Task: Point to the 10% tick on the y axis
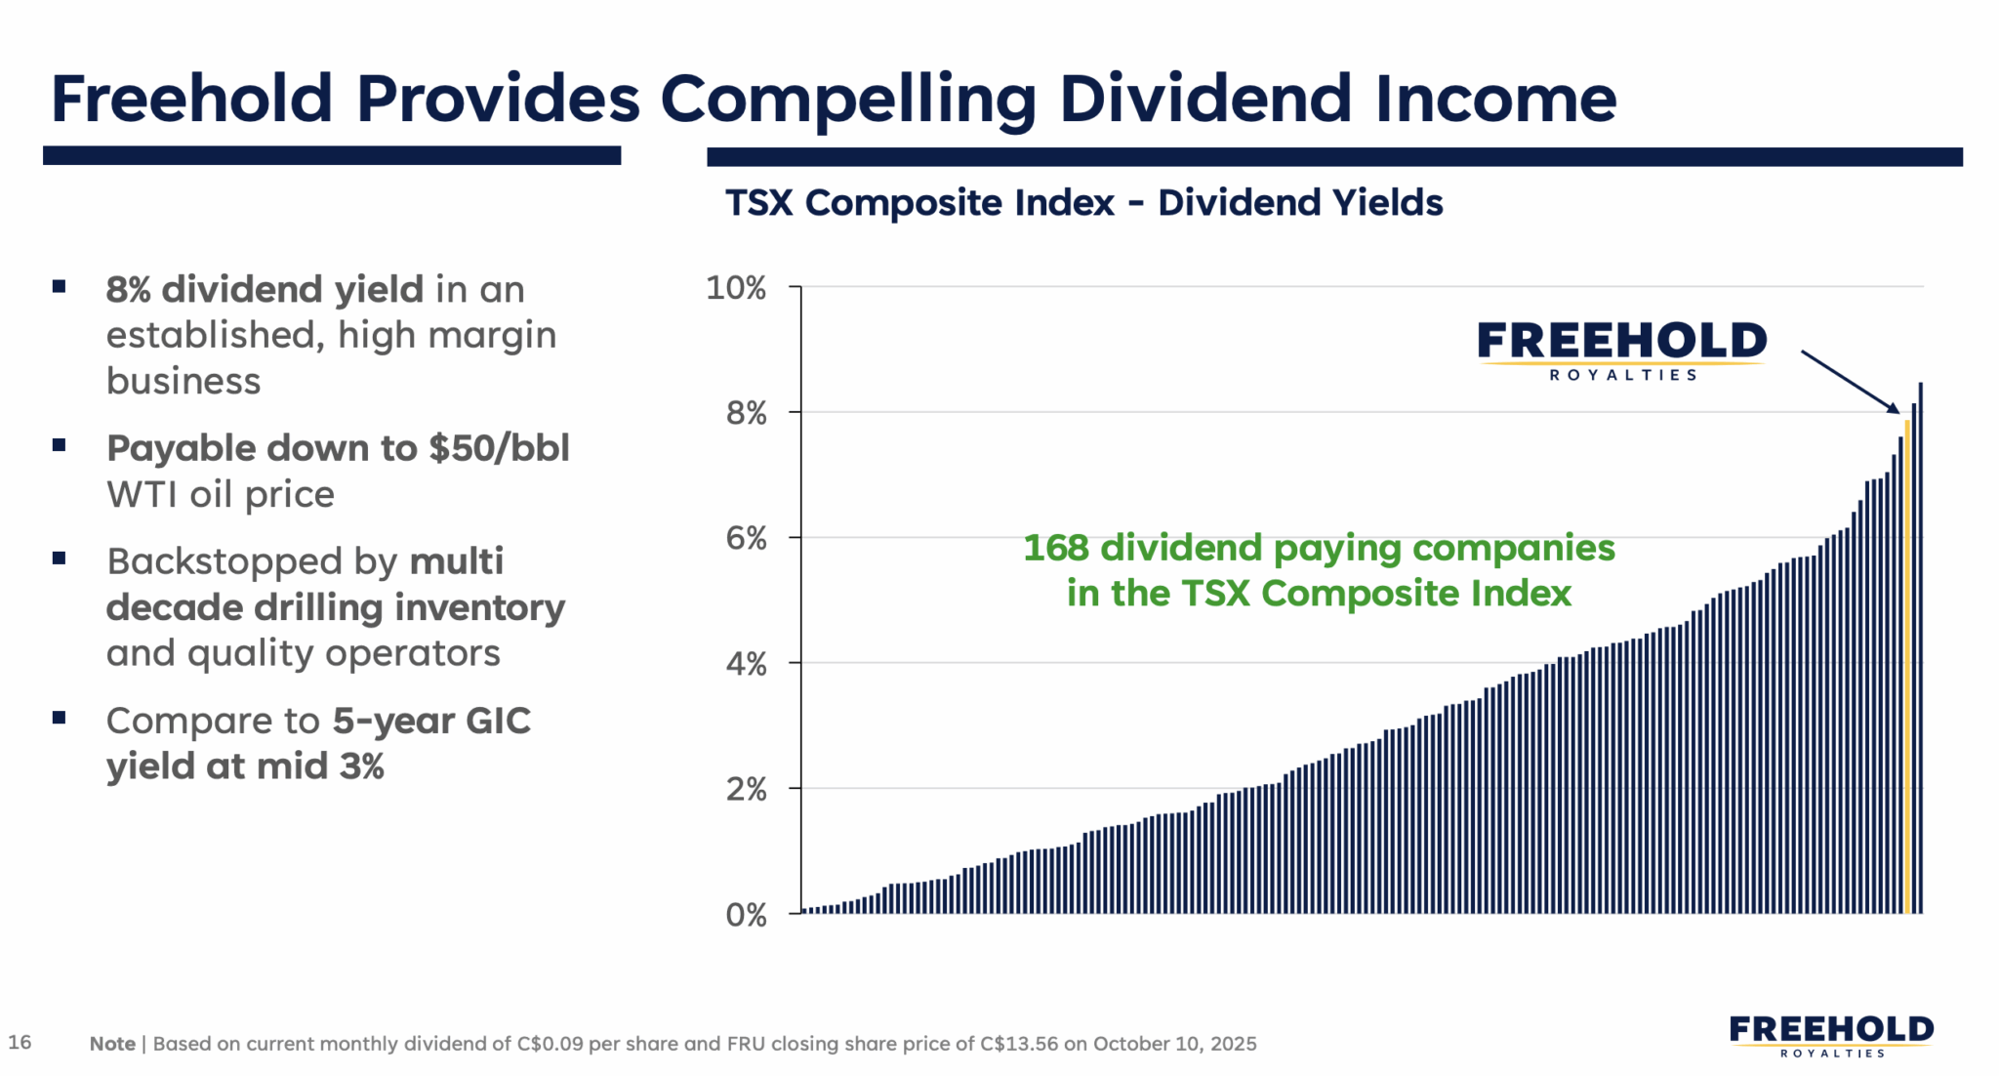click(x=736, y=288)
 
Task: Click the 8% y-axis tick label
click(x=746, y=413)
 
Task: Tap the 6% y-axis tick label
click(x=746, y=538)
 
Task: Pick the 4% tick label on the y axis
click(x=746, y=664)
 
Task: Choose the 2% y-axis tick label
click(x=746, y=789)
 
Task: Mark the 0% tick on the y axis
click(x=746, y=915)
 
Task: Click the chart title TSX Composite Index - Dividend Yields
click(x=1083, y=203)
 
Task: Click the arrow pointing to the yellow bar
click(x=1850, y=382)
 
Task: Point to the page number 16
click(x=20, y=1042)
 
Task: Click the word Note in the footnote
click(x=112, y=1044)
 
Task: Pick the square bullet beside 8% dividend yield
click(x=60, y=287)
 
